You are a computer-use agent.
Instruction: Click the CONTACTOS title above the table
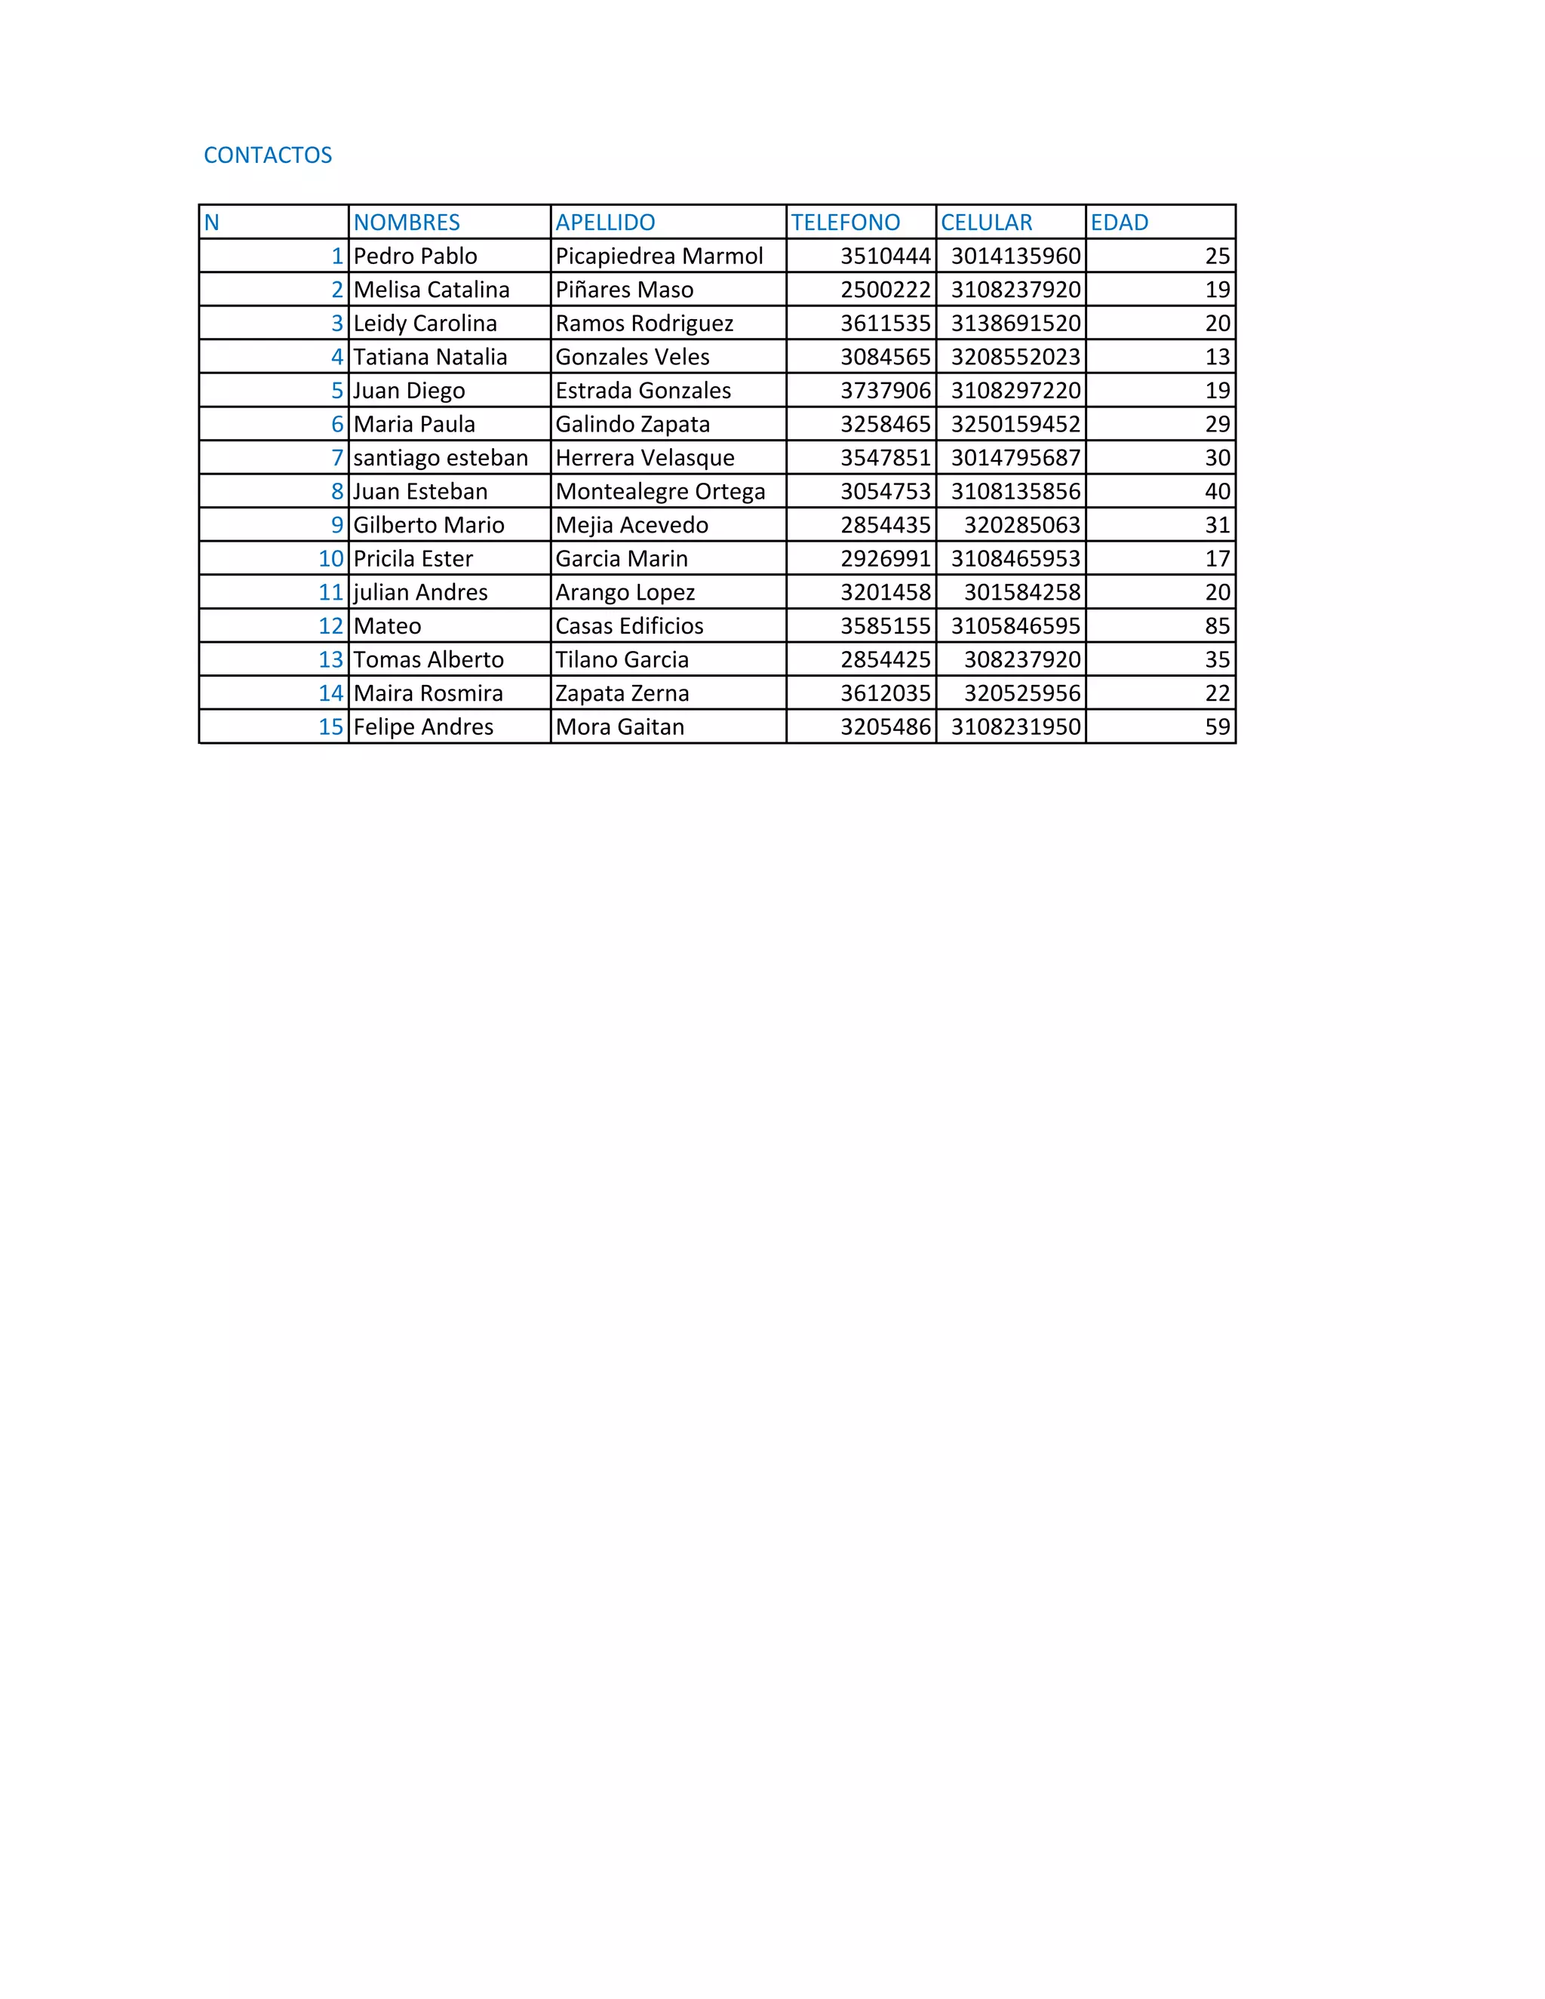(267, 155)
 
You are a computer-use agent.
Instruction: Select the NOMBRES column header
(407, 223)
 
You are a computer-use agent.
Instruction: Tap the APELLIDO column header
(605, 223)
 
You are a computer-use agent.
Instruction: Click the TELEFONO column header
(845, 223)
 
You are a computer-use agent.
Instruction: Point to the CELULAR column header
(986, 223)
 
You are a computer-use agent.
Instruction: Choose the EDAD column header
(1119, 223)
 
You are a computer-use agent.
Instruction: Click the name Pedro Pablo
(415, 256)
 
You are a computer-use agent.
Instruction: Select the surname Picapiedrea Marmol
(659, 256)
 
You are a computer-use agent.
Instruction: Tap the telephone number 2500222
(885, 290)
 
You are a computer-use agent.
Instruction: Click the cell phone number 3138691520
(1015, 323)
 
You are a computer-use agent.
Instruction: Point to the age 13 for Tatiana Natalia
(1218, 357)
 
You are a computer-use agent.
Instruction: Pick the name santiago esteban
(441, 458)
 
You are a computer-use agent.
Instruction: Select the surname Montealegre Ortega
(660, 492)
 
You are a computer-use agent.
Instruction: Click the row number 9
(336, 525)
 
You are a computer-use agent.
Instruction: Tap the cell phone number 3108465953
(1015, 559)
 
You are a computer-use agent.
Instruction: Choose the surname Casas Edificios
(629, 626)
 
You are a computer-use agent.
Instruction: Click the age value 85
(1218, 626)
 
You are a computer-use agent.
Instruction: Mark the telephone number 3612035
(885, 694)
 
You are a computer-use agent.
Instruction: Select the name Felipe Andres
(423, 726)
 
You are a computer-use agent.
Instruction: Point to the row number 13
(330, 660)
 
